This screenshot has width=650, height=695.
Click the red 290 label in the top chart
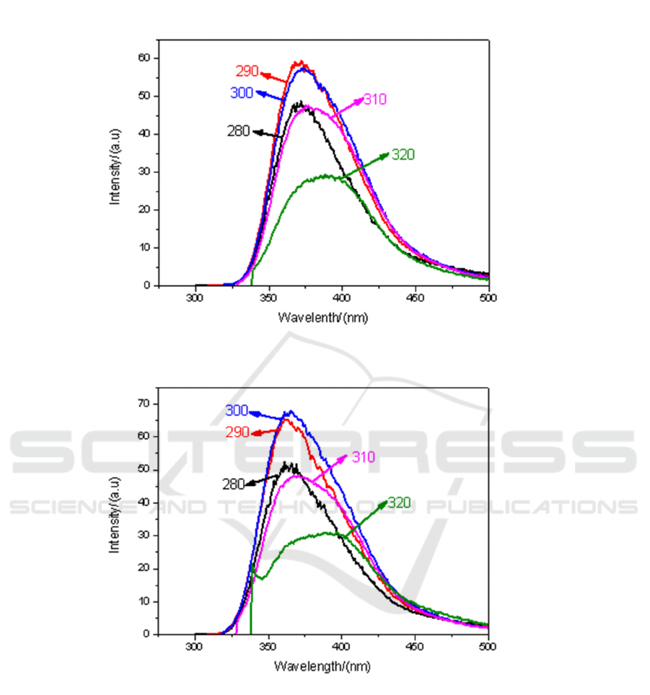247,71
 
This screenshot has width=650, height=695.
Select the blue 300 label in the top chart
242,92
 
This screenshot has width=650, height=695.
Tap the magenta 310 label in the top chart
375,99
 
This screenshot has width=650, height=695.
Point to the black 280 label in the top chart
238,131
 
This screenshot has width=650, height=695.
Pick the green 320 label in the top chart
403,154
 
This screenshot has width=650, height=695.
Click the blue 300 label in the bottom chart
237,410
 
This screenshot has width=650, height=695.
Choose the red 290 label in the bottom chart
237,432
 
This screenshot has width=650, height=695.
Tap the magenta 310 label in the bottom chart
362,457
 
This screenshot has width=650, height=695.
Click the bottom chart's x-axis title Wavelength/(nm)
322,666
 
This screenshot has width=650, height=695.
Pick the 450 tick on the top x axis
415,297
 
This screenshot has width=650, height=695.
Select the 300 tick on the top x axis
196,297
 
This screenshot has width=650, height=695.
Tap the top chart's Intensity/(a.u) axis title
115,167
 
